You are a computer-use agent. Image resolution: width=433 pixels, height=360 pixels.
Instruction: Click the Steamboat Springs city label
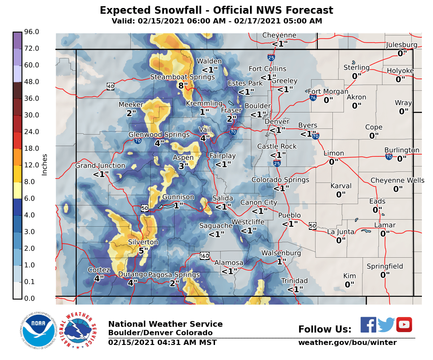pyautogui.click(x=182, y=77)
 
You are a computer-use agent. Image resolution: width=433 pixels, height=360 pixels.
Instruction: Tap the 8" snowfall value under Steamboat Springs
pyautogui.click(x=183, y=85)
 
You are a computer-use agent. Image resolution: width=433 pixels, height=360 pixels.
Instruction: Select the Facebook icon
pyautogui.click(x=368, y=325)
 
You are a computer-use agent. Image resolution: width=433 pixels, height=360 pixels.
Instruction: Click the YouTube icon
pyautogui.click(x=404, y=325)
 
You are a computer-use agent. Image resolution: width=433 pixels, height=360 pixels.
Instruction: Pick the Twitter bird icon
pyautogui.click(x=386, y=325)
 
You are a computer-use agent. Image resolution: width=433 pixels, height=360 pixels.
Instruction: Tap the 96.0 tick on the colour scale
pyautogui.click(x=32, y=32)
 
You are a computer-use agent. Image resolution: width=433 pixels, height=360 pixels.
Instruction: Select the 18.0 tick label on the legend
pyautogui.click(x=32, y=148)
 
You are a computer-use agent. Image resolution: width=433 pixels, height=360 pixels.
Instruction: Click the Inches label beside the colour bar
pyautogui.click(x=44, y=164)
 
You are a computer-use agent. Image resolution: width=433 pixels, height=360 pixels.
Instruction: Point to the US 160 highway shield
pyautogui.click(x=204, y=256)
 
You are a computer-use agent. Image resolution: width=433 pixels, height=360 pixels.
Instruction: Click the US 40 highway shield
pyautogui.click(x=110, y=86)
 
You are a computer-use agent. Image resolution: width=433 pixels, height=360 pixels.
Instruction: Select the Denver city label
pyautogui.click(x=277, y=122)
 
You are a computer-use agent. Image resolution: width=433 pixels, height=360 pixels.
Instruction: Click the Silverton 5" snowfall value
pyautogui.click(x=143, y=251)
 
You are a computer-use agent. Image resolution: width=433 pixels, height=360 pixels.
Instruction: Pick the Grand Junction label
pyautogui.click(x=100, y=166)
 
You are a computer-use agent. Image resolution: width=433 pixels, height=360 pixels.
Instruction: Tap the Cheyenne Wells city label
pyautogui.click(x=397, y=180)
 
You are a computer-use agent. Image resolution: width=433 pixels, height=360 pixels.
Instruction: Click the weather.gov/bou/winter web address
pyautogui.click(x=347, y=342)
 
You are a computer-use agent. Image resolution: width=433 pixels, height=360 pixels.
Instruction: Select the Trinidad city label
pyautogui.click(x=294, y=281)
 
